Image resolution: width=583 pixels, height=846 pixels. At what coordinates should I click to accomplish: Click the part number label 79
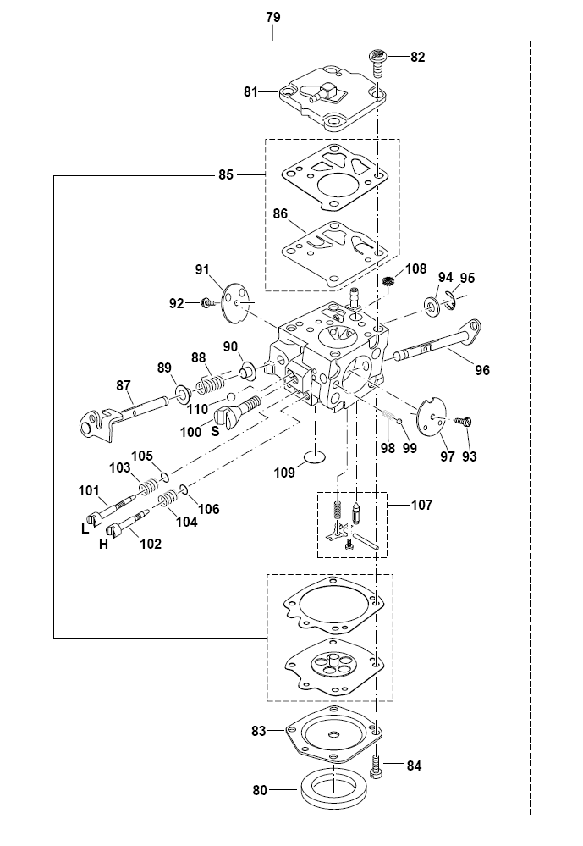(273, 17)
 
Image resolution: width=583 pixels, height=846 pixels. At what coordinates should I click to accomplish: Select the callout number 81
(250, 91)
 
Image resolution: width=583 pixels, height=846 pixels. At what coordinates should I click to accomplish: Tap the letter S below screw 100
(215, 432)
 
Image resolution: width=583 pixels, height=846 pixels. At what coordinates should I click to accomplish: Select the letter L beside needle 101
(85, 529)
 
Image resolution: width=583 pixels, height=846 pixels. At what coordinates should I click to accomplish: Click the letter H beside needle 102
(103, 545)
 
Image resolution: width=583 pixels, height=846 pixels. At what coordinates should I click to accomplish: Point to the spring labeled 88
(210, 384)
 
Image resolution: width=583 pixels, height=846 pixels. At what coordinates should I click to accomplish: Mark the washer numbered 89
(182, 395)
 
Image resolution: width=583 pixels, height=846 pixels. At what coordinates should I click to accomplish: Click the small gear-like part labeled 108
(388, 281)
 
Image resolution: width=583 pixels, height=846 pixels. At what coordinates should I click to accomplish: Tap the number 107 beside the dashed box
(421, 505)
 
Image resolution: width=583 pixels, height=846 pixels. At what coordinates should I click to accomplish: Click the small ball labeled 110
(231, 398)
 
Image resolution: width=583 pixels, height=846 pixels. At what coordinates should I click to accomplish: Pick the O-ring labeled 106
(183, 490)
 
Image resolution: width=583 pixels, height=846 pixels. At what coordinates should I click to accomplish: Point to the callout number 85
(226, 174)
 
